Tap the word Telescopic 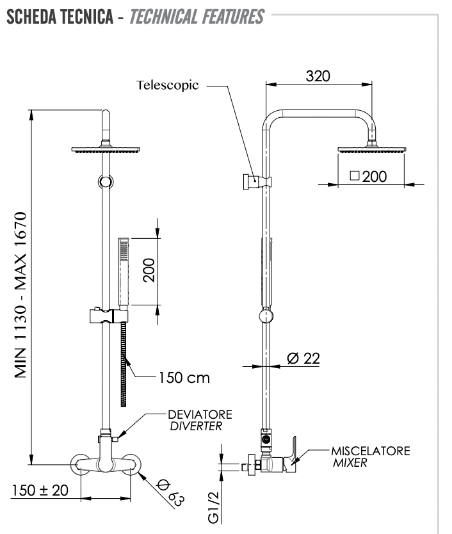(x=168, y=85)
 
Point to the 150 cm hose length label (x=183, y=378)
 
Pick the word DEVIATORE (x=200, y=415)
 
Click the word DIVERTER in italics (x=196, y=426)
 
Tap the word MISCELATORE (x=371, y=451)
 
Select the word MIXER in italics (x=350, y=463)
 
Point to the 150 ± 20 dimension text (x=40, y=490)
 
